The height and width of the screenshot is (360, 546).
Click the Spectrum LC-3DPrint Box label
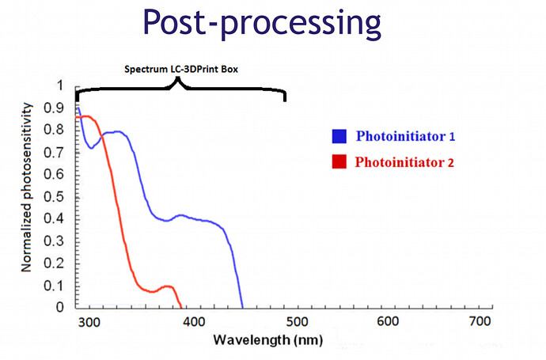coord(181,70)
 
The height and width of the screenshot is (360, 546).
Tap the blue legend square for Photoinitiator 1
coord(339,136)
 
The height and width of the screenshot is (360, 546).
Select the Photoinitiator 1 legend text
coord(405,136)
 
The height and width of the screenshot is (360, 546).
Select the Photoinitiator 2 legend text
coord(405,163)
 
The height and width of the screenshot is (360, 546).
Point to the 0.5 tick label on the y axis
coord(54,196)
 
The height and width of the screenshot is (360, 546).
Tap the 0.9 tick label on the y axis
coord(54,107)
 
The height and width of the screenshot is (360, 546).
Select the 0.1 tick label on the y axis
coord(54,284)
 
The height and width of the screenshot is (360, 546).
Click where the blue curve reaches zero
coord(242,307)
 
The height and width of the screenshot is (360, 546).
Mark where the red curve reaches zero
coord(181,307)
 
